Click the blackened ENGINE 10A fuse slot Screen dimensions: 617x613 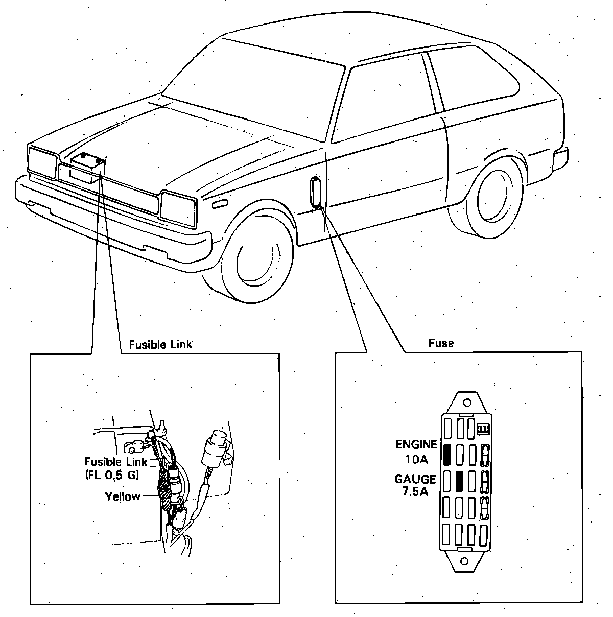[447, 454]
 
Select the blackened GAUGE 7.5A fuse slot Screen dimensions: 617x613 [459, 481]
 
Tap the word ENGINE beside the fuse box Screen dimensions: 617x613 [416, 444]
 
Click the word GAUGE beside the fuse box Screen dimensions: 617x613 [415, 480]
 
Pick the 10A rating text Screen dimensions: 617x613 [416, 459]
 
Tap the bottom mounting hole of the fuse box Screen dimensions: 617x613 [464, 562]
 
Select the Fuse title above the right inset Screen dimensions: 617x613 [441, 343]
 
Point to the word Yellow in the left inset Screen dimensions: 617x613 [123, 496]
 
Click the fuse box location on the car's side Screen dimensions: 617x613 [316, 192]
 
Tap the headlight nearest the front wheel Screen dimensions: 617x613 [178, 208]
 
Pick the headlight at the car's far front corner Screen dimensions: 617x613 [42, 161]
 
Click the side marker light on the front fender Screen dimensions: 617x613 [220, 204]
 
